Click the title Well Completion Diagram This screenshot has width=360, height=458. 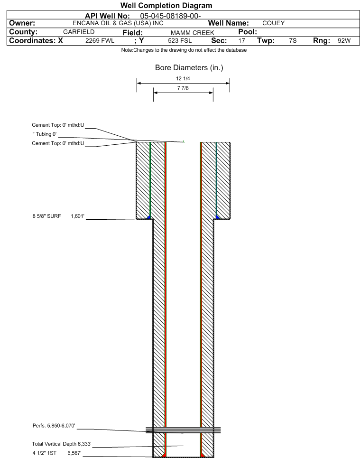point(166,6)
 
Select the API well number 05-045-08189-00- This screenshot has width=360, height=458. point(170,16)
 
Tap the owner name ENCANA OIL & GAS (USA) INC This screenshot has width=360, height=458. point(118,23)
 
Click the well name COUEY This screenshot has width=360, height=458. point(273,23)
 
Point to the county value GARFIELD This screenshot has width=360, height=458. point(79,32)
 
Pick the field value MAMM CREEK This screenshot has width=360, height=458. point(193,33)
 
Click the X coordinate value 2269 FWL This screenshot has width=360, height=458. point(100,41)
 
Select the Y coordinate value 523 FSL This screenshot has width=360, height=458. point(180,41)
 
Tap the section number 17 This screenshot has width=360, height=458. point(242,41)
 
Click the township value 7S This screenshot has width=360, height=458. point(293,41)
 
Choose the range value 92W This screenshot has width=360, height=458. point(344,41)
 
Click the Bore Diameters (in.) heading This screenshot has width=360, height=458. point(189,68)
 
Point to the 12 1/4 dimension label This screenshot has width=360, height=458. point(183,79)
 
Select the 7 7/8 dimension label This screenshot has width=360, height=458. point(183,88)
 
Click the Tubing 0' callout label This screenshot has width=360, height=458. point(45,134)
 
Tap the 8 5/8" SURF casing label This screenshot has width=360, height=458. point(46,216)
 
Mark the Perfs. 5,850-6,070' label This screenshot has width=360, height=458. point(54,426)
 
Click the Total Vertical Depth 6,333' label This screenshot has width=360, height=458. point(62,444)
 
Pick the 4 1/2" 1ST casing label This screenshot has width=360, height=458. point(45,453)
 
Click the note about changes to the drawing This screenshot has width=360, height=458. point(184,50)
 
